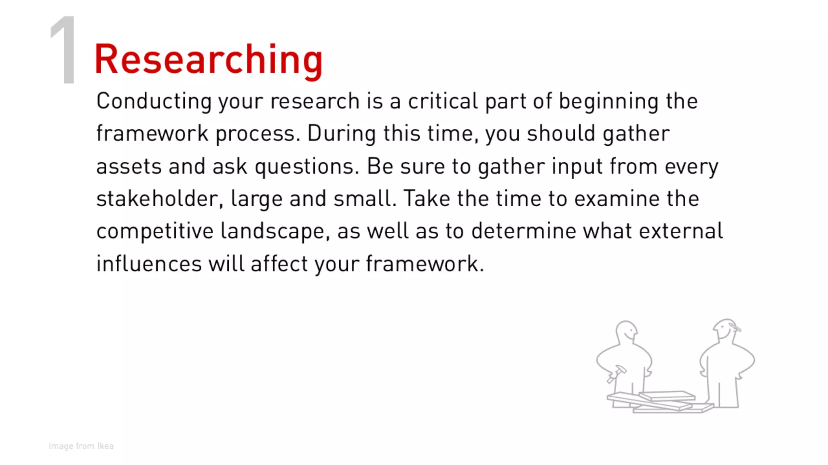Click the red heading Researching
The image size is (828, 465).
208,60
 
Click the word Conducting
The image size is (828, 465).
154,101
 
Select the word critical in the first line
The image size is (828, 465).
443,101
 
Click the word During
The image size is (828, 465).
342,134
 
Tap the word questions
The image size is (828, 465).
306,167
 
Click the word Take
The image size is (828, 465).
427,199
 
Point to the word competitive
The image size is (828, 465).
155,231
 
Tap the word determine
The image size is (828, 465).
523,231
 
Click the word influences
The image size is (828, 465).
149,264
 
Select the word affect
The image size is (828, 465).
279,264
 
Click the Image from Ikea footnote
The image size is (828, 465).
81,446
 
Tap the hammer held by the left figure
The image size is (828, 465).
616,373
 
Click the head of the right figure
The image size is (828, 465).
726,329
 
